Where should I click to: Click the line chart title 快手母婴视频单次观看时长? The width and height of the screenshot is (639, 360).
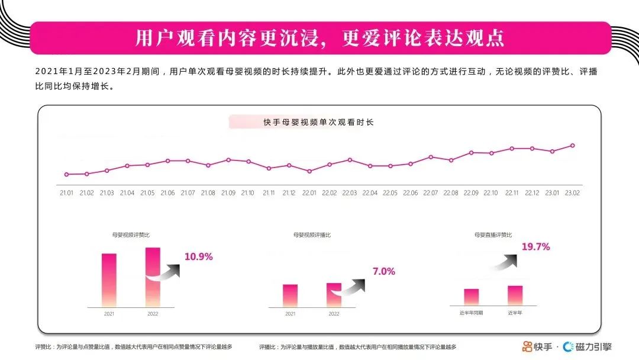pos(318,123)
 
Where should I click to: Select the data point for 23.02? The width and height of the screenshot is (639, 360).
pos(572,145)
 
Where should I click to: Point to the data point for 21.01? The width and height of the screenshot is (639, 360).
pos(66,174)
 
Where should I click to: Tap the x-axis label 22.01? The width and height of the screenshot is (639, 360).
pos(309,193)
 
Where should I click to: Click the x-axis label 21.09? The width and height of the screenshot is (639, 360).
pos(228,193)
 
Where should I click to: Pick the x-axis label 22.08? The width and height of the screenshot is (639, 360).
pos(451,193)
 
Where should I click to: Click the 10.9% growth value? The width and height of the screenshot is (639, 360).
pos(198,257)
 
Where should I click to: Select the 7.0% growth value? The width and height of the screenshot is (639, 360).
pos(383,271)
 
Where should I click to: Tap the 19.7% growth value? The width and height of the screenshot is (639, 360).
pos(535,247)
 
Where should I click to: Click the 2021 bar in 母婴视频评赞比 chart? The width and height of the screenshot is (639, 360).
pos(109,280)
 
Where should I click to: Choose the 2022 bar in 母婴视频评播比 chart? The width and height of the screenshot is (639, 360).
pos(334,294)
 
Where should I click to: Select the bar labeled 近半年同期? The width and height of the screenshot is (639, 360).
pos(471,297)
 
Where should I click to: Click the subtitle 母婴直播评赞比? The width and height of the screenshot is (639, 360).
pos(493,235)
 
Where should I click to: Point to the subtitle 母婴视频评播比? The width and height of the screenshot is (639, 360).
pos(312,235)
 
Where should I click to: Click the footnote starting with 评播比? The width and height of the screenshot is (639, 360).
pos(357,347)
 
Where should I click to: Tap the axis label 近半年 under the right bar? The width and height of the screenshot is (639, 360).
pos(515,312)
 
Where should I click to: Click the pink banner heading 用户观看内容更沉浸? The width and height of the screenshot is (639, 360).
pos(319,38)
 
